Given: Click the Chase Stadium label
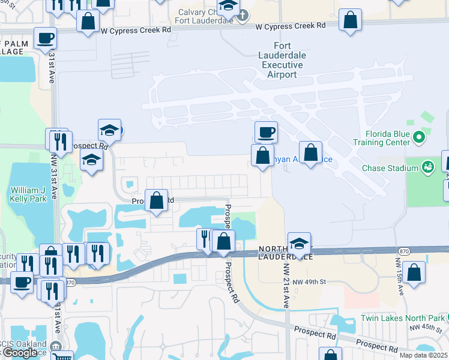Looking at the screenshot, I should coord(390,167).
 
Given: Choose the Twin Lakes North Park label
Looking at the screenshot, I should coord(402,318).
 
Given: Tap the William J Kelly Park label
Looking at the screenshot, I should coord(27,194).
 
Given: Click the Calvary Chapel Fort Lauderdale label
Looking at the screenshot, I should coord(204,16).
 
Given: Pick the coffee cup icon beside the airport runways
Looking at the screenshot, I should coord(266,131).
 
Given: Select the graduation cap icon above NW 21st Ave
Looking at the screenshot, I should coord(299,243).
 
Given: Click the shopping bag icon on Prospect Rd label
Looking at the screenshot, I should coord(157,200).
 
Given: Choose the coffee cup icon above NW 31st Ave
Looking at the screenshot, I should coord(45,38).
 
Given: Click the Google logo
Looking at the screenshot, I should coord(20,353).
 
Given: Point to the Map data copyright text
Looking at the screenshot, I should coord(424,355).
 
